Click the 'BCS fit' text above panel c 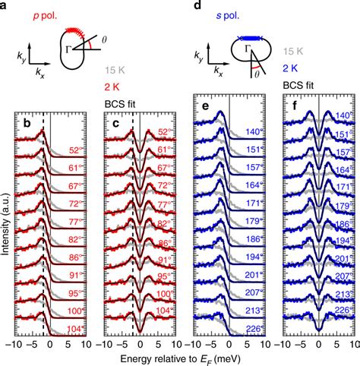[x=118, y=103]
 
